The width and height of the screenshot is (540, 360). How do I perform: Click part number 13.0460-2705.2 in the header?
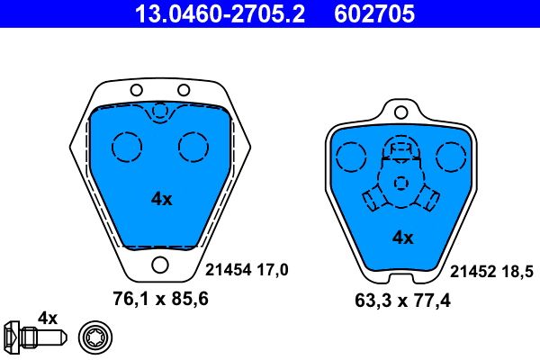220,13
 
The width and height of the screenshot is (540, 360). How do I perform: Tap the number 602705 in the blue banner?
374,13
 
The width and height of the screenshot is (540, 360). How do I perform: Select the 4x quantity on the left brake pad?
161,199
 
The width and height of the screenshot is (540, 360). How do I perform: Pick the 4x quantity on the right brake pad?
402,238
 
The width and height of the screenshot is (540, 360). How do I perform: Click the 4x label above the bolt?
48,318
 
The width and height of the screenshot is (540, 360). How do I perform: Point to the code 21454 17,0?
247,270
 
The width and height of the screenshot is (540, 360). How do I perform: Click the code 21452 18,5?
491,272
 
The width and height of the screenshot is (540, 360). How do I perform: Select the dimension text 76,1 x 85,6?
160,299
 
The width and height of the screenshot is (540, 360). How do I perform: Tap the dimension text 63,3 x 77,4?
402,301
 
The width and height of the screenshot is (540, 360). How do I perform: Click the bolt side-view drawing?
35,336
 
